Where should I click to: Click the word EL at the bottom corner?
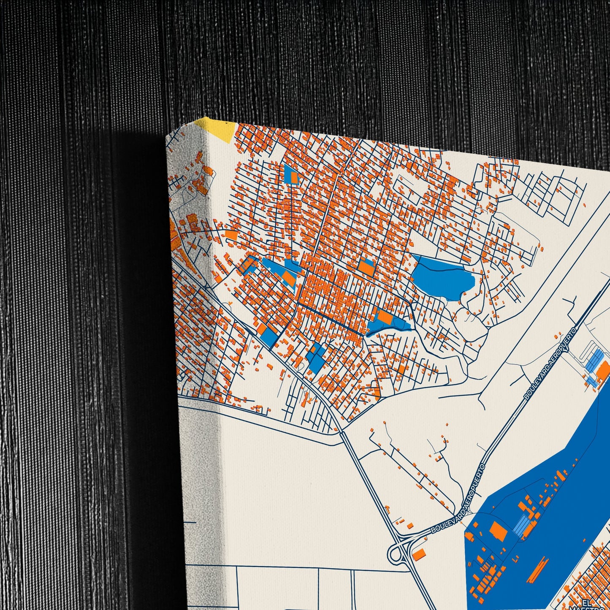click(586, 602)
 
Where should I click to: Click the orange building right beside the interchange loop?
click(419, 554)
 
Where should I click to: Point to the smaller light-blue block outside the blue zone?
click(591, 382)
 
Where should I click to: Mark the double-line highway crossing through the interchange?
click(371, 485)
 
